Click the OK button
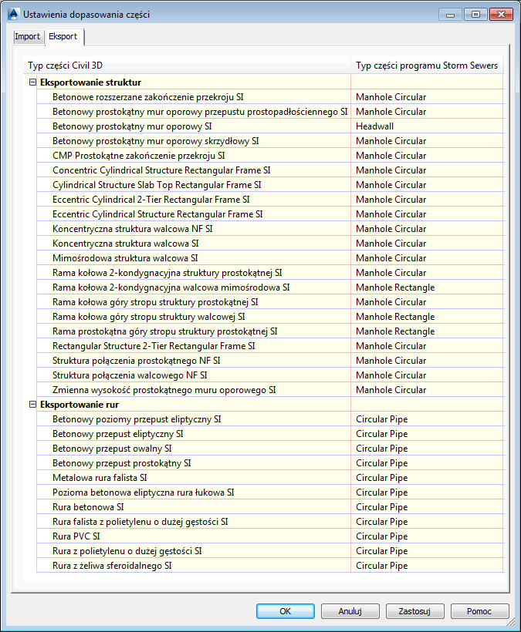click(x=286, y=611)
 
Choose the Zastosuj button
click(x=414, y=611)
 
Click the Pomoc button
click(x=479, y=611)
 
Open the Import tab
click(x=27, y=37)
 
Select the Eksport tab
click(x=63, y=37)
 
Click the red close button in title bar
click(x=500, y=14)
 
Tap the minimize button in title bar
click(x=449, y=14)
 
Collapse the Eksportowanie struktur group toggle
click(x=32, y=82)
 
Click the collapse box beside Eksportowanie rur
click(x=32, y=405)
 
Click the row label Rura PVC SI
click(x=76, y=536)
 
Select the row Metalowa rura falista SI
click(x=100, y=478)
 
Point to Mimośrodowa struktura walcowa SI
click(x=125, y=258)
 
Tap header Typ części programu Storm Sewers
click(x=426, y=66)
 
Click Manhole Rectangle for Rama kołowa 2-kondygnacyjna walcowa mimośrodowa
click(x=394, y=287)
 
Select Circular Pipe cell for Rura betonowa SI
click(x=381, y=507)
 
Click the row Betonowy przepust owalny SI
click(x=112, y=449)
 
